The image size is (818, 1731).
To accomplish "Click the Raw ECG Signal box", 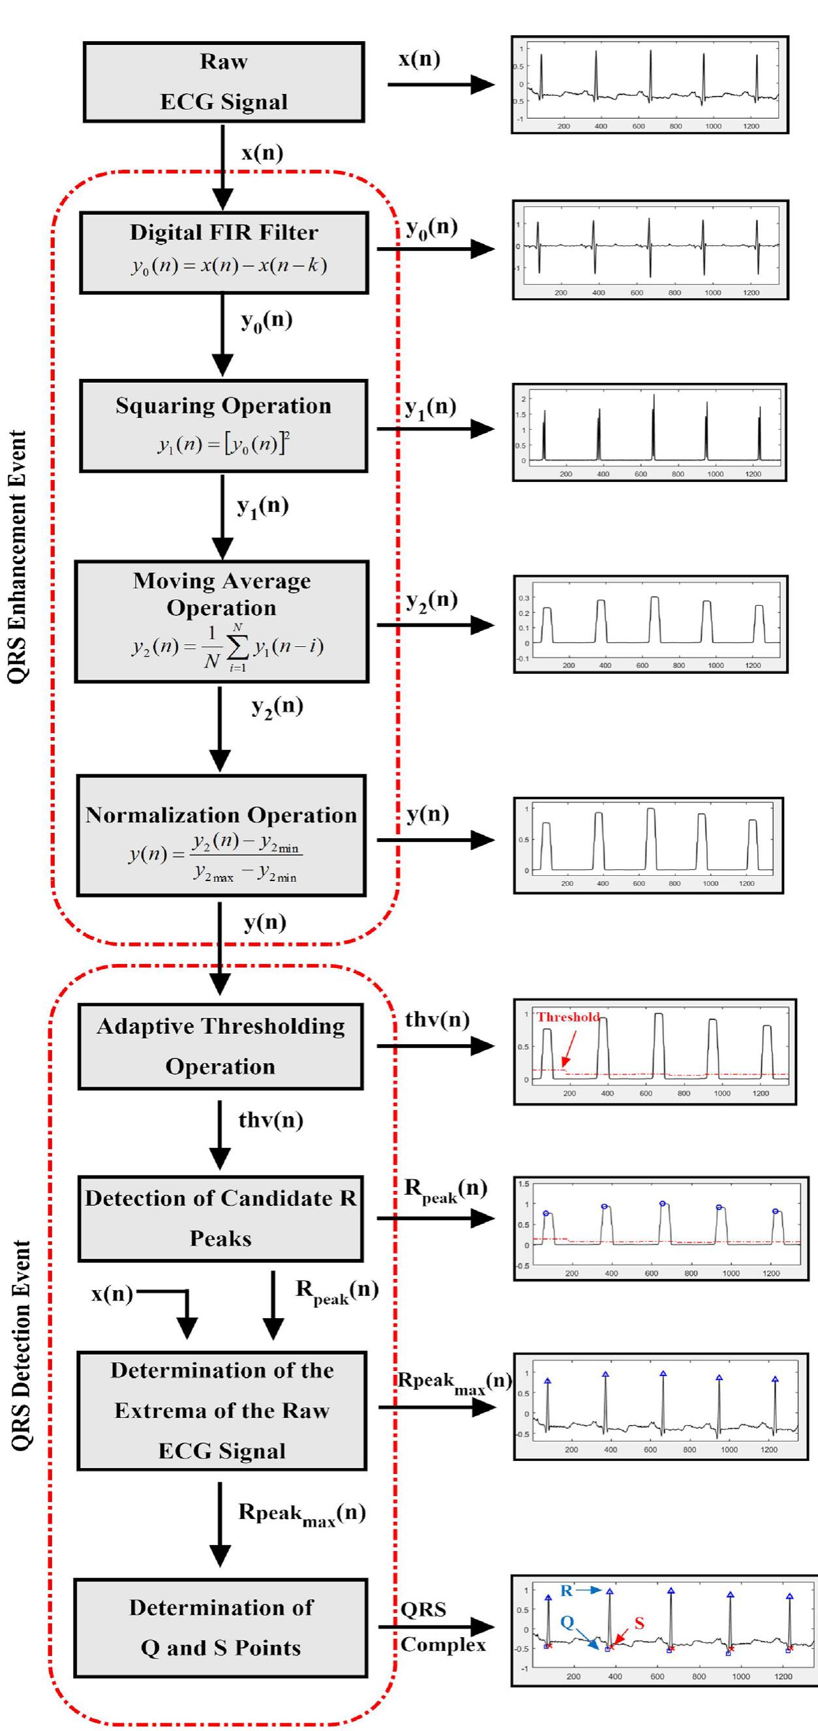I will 223,82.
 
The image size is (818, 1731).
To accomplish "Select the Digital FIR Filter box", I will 223,252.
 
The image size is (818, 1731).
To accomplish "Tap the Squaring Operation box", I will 223,425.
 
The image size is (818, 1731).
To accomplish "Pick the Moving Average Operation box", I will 222,622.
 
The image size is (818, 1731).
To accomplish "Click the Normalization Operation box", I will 221,835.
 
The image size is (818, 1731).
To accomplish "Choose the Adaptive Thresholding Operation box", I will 220,1046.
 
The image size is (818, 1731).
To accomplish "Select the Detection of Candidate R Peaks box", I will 220,1218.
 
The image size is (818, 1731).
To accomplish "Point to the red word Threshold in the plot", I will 568,1017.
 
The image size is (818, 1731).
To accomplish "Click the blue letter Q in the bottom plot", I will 568,1622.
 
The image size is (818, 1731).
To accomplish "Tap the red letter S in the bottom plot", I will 639,1623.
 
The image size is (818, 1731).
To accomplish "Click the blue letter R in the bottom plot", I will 567,1591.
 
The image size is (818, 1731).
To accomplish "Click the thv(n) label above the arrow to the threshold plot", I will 437,1019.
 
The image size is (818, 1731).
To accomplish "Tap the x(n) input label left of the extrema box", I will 112,1293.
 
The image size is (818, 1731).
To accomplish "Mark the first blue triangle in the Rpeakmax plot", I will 548,1381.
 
